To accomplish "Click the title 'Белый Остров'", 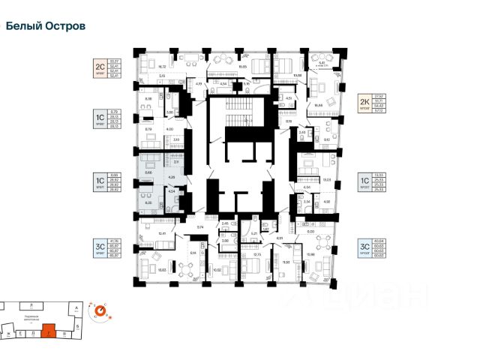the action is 46,25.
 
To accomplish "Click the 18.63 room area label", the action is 161,270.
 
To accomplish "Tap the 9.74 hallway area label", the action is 200,226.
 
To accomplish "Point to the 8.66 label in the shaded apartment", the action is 150,172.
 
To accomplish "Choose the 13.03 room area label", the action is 326,180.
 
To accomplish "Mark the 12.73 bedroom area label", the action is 257,255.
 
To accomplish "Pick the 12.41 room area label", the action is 162,233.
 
